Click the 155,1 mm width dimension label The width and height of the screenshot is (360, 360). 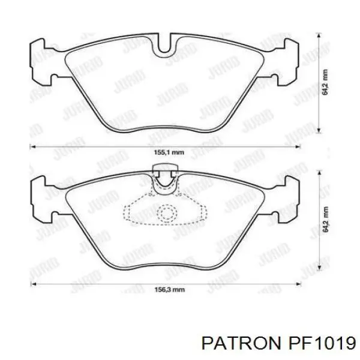[169, 152]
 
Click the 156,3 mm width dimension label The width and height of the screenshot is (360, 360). [169, 290]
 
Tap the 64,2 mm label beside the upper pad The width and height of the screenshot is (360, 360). [325, 82]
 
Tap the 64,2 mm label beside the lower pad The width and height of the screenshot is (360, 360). [325, 219]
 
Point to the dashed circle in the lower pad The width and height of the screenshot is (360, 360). [167, 213]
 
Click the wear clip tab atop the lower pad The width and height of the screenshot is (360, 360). [165, 170]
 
